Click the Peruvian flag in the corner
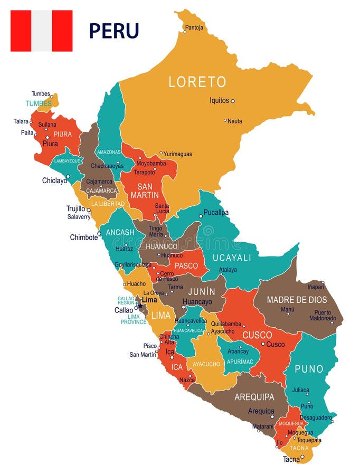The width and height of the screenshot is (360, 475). (41, 31)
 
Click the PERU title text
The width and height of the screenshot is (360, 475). (113, 31)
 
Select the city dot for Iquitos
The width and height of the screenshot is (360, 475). (232, 101)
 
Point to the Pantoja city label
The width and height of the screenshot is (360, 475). (195, 27)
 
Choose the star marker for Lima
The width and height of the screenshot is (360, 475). (140, 305)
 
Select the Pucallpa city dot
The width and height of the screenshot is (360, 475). (201, 216)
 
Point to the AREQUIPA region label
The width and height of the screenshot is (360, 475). (254, 397)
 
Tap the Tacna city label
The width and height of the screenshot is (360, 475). (291, 459)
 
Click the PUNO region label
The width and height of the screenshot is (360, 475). (309, 369)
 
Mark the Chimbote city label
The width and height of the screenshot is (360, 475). (84, 237)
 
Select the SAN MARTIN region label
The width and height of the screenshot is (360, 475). (148, 191)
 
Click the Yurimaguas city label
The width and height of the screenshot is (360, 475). (178, 154)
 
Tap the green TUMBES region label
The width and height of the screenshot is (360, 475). (39, 103)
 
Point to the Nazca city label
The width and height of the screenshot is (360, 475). (187, 379)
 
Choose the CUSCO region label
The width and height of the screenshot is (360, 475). (257, 335)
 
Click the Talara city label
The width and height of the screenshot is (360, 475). (21, 121)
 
